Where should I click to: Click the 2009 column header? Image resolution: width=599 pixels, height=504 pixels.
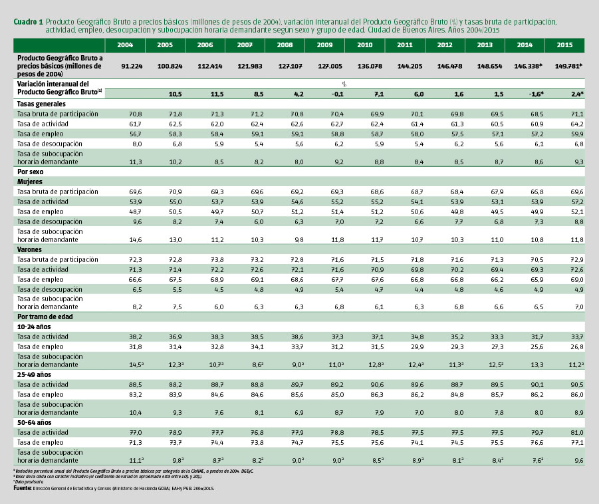[x=324, y=45]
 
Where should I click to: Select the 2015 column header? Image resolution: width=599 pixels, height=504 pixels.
[x=564, y=45]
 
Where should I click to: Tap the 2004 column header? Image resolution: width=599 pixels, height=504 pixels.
[x=125, y=45]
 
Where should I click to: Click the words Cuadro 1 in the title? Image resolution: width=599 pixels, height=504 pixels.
[x=28, y=22]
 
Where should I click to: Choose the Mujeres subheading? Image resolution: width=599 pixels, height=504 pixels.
[x=31, y=181]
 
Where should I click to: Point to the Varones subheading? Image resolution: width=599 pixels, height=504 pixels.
[x=31, y=249]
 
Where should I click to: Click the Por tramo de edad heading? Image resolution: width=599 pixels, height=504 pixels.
[x=45, y=316]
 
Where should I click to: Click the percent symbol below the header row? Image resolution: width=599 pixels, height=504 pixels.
[x=344, y=84]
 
